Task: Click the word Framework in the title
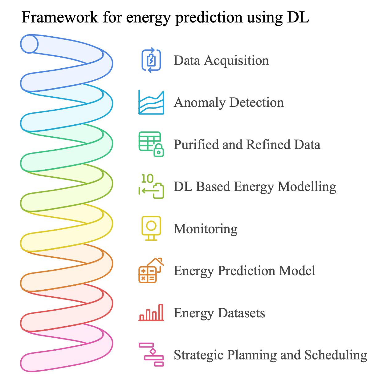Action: (60, 17)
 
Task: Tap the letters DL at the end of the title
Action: (298, 17)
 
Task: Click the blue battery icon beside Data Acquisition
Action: (151, 60)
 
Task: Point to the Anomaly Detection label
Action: (229, 103)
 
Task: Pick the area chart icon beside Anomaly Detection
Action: (151, 102)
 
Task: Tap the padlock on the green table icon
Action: (159, 150)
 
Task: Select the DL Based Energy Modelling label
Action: (255, 187)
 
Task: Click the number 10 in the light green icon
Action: (147, 179)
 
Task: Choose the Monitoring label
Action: (206, 229)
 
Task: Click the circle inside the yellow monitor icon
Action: (151, 225)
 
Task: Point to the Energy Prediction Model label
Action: (244, 271)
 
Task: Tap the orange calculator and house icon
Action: (151, 270)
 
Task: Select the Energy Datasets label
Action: (219, 313)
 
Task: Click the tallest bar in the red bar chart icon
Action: (161, 312)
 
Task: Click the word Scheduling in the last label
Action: (336, 355)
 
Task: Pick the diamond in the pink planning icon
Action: (153, 351)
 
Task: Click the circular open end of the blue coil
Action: (29, 44)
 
